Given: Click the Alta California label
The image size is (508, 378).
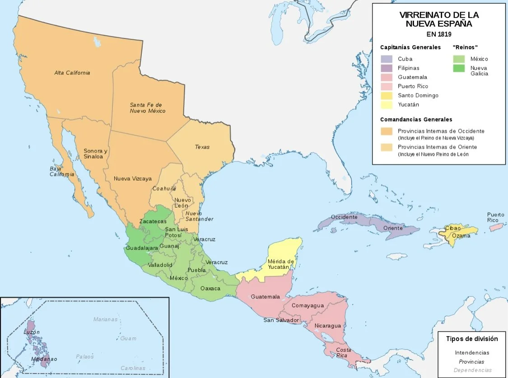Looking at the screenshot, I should pyautogui.click(x=72, y=73).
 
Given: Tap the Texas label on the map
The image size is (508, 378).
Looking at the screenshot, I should pyautogui.click(x=202, y=147).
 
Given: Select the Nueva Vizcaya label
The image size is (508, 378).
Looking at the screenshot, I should pyautogui.click(x=132, y=178).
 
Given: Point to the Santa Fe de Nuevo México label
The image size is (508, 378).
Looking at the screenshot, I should pyautogui.click(x=147, y=107).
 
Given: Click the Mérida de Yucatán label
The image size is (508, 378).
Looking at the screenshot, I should pyautogui.click(x=281, y=264).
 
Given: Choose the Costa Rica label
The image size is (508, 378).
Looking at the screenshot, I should pyautogui.click(x=343, y=353).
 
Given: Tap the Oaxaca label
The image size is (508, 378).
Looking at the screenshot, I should pyautogui.click(x=211, y=288).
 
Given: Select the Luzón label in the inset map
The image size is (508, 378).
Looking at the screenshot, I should pyautogui.click(x=32, y=332).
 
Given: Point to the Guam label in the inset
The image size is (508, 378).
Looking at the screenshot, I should pyautogui.click(x=128, y=338).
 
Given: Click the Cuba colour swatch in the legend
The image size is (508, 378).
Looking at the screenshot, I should pyautogui.click(x=386, y=59).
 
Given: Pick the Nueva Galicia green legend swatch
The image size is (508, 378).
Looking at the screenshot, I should pyautogui.click(x=459, y=69).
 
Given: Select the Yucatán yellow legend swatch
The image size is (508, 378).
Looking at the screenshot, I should pyautogui.click(x=386, y=105).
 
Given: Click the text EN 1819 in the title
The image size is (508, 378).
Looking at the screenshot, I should pyautogui.click(x=439, y=34).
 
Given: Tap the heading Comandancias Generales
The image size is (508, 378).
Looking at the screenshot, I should pyautogui.click(x=416, y=120).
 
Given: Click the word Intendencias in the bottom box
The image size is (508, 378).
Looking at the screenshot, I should pyautogui.click(x=472, y=353).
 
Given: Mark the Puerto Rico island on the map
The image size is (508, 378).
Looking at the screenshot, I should pyautogui.click(x=496, y=227).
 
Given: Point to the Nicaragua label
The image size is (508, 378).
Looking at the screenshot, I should pyautogui.click(x=327, y=326).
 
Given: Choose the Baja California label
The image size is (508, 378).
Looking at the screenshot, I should pyautogui.click(x=62, y=172).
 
